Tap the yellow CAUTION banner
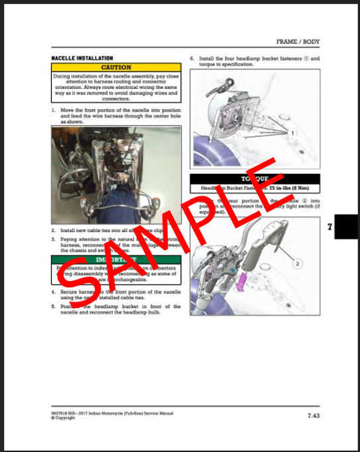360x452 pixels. [116, 67]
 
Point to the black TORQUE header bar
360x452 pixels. [255, 179]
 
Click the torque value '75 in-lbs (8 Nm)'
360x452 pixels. [279, 190]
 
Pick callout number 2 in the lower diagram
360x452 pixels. [297, 264]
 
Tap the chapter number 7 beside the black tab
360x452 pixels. [329, 226]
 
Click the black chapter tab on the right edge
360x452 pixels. [347, 227]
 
